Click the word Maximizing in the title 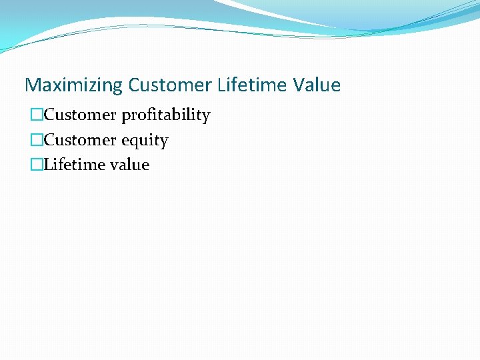(73, 85)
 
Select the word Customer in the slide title (170, 85)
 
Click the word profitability (165, 115)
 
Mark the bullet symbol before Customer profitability (37, 115)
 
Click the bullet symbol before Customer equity (37, 141)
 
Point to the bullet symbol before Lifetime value (37, 165)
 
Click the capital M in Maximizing (32, 85)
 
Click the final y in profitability (206, 117)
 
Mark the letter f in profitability (153, 115)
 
